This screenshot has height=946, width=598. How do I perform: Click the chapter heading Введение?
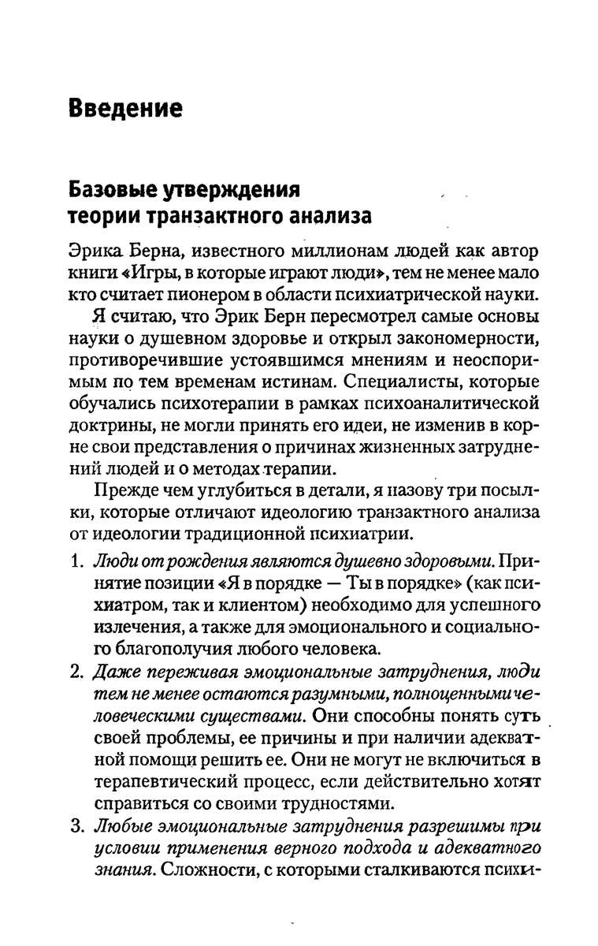[125, 107]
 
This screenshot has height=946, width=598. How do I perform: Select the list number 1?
[76, 564]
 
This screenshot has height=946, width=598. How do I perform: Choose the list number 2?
[76, 672]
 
